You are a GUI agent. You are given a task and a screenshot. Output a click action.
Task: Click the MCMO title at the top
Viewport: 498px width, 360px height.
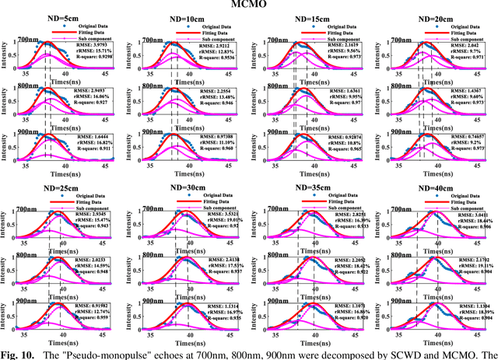(x=249, y=5)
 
